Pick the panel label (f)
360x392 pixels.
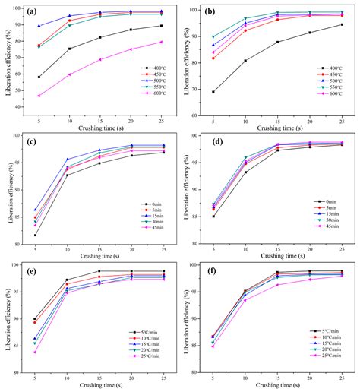(x=215, y=271)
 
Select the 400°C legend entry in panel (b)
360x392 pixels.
(x=332, y=68)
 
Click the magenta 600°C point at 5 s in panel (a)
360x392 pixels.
(x=39, y=96)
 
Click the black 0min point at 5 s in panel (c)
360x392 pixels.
(x=36, y=235)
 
